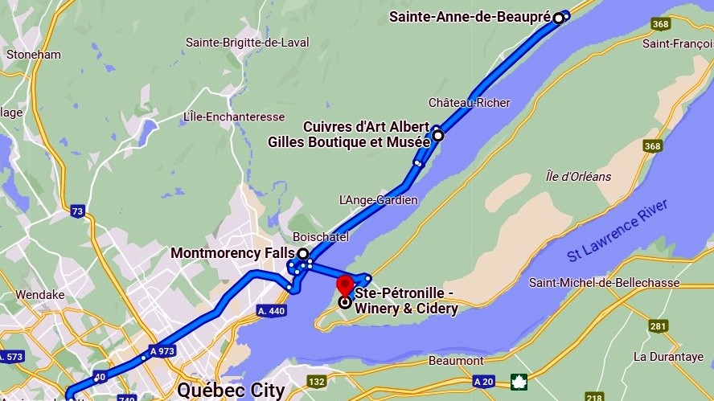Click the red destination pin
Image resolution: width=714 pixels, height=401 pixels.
(x=345, y=284)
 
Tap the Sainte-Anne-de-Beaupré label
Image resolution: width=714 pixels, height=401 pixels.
(x=470, y=16)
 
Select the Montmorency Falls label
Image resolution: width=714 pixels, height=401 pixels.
(x=232, y=253)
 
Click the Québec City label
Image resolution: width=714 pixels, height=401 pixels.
(x=231, y=391)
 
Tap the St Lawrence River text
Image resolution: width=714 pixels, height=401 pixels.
(x=618, y=231)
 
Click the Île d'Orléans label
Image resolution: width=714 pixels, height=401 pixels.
(x=578, y=177)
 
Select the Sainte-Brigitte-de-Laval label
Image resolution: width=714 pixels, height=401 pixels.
(x=247, y=43)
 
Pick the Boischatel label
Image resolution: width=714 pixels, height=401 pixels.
(x=320, y=238)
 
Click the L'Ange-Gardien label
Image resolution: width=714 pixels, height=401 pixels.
(x=378, y=200)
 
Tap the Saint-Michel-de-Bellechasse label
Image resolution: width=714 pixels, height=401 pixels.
(x=604, y=283)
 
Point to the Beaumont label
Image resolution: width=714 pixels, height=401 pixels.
(x=456, y=361)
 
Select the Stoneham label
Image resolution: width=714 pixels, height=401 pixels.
(x=33, y=55)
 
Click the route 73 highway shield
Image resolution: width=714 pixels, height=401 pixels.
(x=77, y=212)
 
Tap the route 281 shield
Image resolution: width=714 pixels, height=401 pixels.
(x=659, y=326)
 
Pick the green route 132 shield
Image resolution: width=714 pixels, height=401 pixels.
(x=317, y=382)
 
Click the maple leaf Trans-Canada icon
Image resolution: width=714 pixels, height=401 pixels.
(x=518, y=382)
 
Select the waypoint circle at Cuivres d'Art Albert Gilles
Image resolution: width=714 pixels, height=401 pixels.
(x=438, y=136)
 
